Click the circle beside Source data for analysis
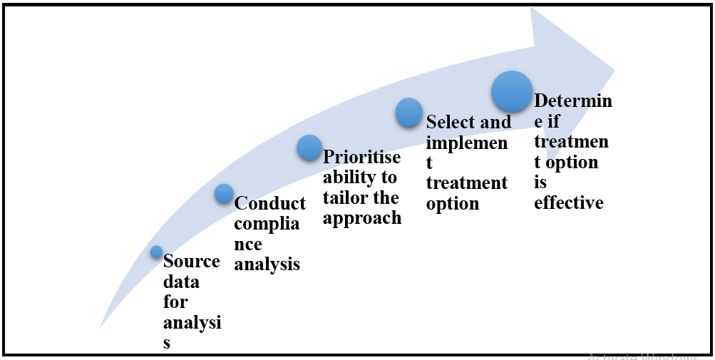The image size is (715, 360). point(157,252)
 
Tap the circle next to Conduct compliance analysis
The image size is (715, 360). point(224,193)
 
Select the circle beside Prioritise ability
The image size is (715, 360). point(309,148)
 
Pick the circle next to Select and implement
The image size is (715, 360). point(409,113)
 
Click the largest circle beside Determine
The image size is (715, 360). point(512,91)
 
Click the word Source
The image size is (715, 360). point(191,262)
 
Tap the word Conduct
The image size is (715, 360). point(270,203)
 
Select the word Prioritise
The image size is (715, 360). point(361,158)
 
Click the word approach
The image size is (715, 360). point(362,218)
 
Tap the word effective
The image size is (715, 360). point(569,203)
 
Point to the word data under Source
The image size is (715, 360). point(181,282)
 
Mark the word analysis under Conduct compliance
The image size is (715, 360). point(267,264)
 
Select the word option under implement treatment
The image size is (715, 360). point(453,204)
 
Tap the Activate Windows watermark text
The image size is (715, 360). point(642,356)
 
